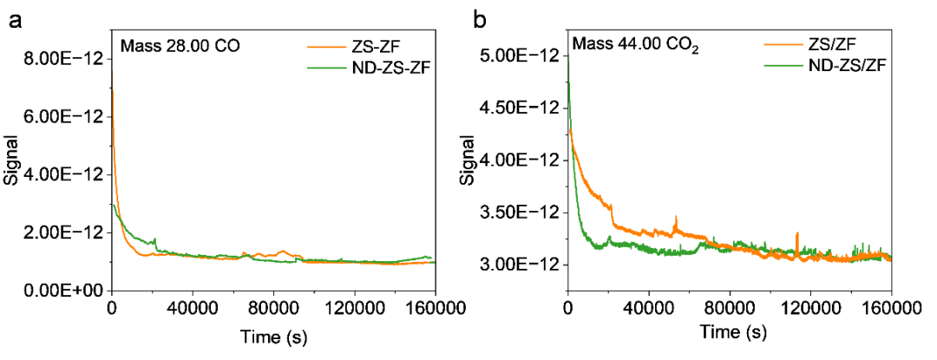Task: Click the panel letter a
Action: click(15, 22)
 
